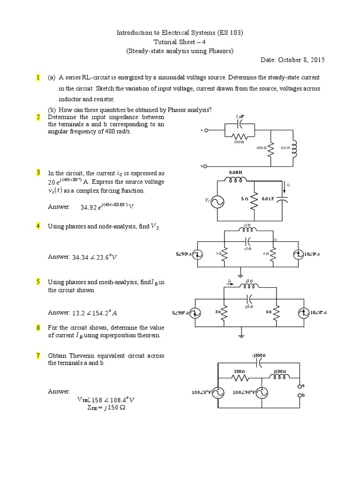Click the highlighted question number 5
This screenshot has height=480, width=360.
37,282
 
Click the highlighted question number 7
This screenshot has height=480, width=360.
37,356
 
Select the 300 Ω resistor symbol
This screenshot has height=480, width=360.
240,135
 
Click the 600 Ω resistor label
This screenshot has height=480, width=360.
261,148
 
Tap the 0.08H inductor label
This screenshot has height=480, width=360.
235,172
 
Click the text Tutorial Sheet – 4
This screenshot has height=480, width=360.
180,42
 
